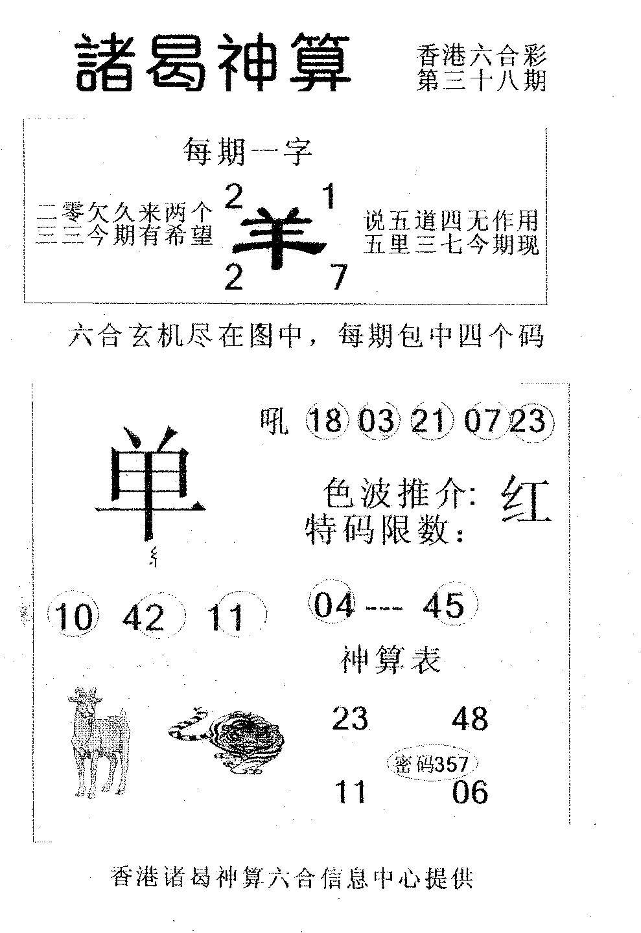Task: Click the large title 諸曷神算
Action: [x=213, y=63]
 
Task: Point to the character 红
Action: [x=526, y=499]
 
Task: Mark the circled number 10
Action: [x=74, y=617]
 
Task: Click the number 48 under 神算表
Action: [x=470, y=718]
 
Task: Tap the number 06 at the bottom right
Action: [x=470, y=791]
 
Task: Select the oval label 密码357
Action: [x=432, y=763]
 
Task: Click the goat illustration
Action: [x=99, y=741]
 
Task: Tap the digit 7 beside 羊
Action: [x=339, y=278]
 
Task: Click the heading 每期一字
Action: [x=248, y=152]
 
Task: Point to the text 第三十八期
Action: [x=482, y=80]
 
